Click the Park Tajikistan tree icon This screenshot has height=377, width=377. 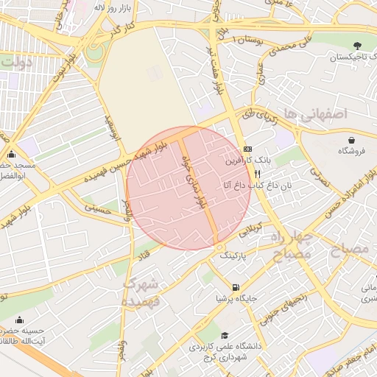358,46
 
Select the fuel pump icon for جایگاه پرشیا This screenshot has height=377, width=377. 235,287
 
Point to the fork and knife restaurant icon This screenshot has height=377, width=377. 258,173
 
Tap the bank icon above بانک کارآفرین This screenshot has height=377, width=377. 247,148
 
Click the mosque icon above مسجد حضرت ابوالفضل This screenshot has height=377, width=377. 11,155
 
